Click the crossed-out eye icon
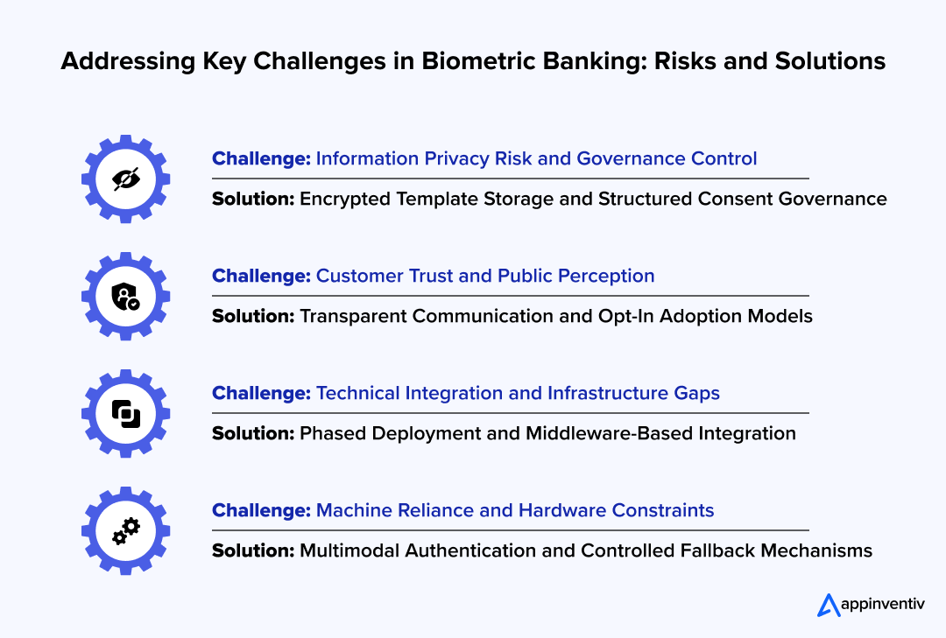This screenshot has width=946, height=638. (126, 179)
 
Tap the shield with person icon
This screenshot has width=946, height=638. (126, 297)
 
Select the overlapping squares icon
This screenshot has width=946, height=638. (126, 413)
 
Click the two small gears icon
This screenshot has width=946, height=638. (126, 530)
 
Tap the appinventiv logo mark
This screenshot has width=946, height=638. (828, 605)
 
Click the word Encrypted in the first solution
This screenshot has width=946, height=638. (344, 199)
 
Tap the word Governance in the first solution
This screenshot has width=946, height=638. (832, 199)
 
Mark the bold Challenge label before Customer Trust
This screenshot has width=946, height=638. (261, 276)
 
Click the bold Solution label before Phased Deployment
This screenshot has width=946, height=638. (253, 433)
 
